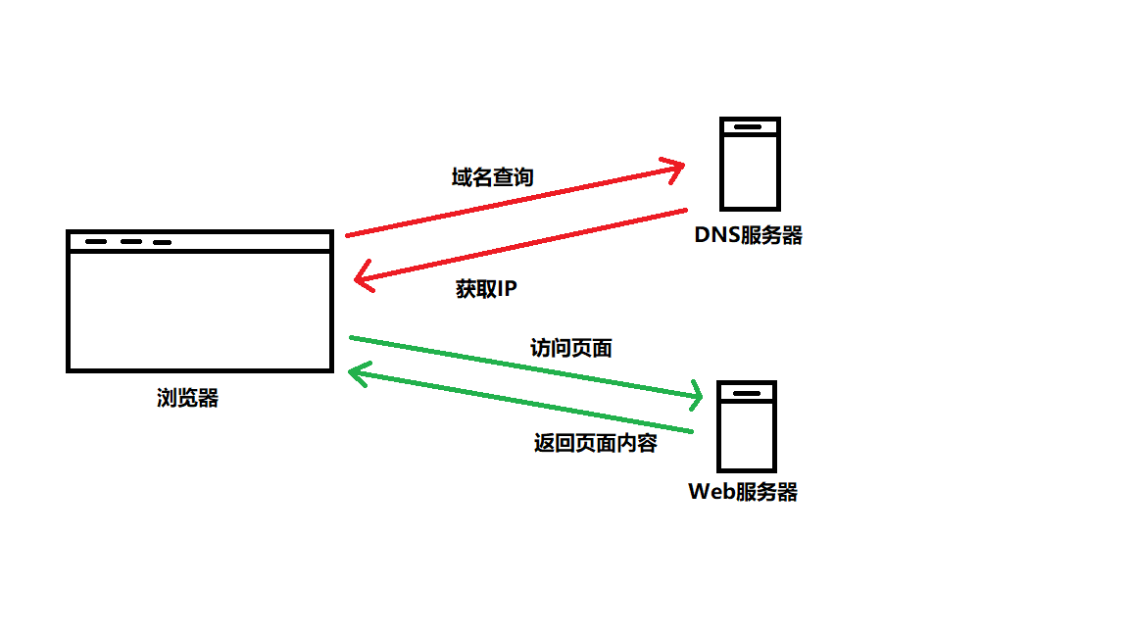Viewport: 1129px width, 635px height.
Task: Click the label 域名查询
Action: (492, 177)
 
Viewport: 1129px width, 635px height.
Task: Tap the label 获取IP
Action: (485, 289)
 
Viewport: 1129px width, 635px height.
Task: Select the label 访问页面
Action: (570, 348)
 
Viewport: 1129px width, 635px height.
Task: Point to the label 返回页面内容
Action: (595, 442)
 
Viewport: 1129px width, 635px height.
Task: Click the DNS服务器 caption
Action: (749, 235)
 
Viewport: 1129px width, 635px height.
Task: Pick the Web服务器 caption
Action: (743, 492)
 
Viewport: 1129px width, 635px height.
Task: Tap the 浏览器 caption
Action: (187, 398)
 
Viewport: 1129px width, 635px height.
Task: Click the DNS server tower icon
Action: (750, 164)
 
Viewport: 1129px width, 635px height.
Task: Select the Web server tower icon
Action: (747, 426)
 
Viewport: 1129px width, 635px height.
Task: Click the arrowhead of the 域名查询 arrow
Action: (676, 168)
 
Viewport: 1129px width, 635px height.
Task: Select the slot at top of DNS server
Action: (749, 127)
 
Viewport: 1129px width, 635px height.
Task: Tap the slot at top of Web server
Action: (747, 392)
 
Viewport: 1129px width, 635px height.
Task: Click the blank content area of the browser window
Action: (199, 311)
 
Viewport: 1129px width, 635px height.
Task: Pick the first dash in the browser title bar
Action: (96, 241)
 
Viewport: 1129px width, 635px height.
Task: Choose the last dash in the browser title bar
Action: (162, 242)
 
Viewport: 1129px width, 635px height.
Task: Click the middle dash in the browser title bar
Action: (131, 241)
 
